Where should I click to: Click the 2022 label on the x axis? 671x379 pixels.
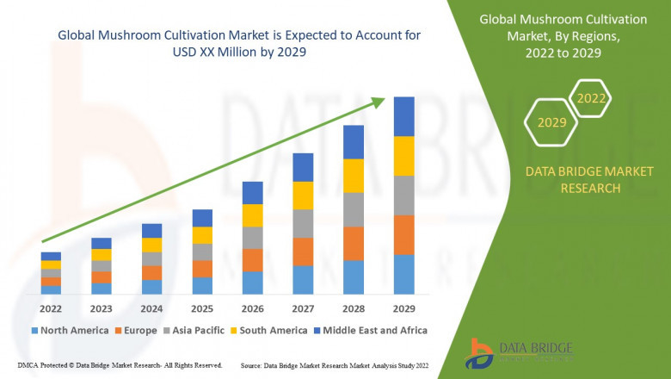(51, 308)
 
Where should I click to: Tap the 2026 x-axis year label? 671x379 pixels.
(252, 308)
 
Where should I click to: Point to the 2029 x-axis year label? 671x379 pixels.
(403, 308)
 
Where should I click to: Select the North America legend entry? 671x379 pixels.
(70, 330)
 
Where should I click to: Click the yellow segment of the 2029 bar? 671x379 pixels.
(403, 156)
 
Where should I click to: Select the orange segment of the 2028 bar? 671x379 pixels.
(354, 243)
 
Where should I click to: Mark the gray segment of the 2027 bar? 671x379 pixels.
(303, 223)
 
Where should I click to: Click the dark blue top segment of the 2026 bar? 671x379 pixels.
(252, 192)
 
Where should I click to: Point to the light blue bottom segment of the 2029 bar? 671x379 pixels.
(403, 274)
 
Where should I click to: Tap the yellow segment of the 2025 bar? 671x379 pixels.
(202, 234)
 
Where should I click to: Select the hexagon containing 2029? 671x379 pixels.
(551, 122)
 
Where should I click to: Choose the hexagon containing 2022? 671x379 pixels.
(591, 98)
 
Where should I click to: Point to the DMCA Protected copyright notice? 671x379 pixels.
(120, 365)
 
